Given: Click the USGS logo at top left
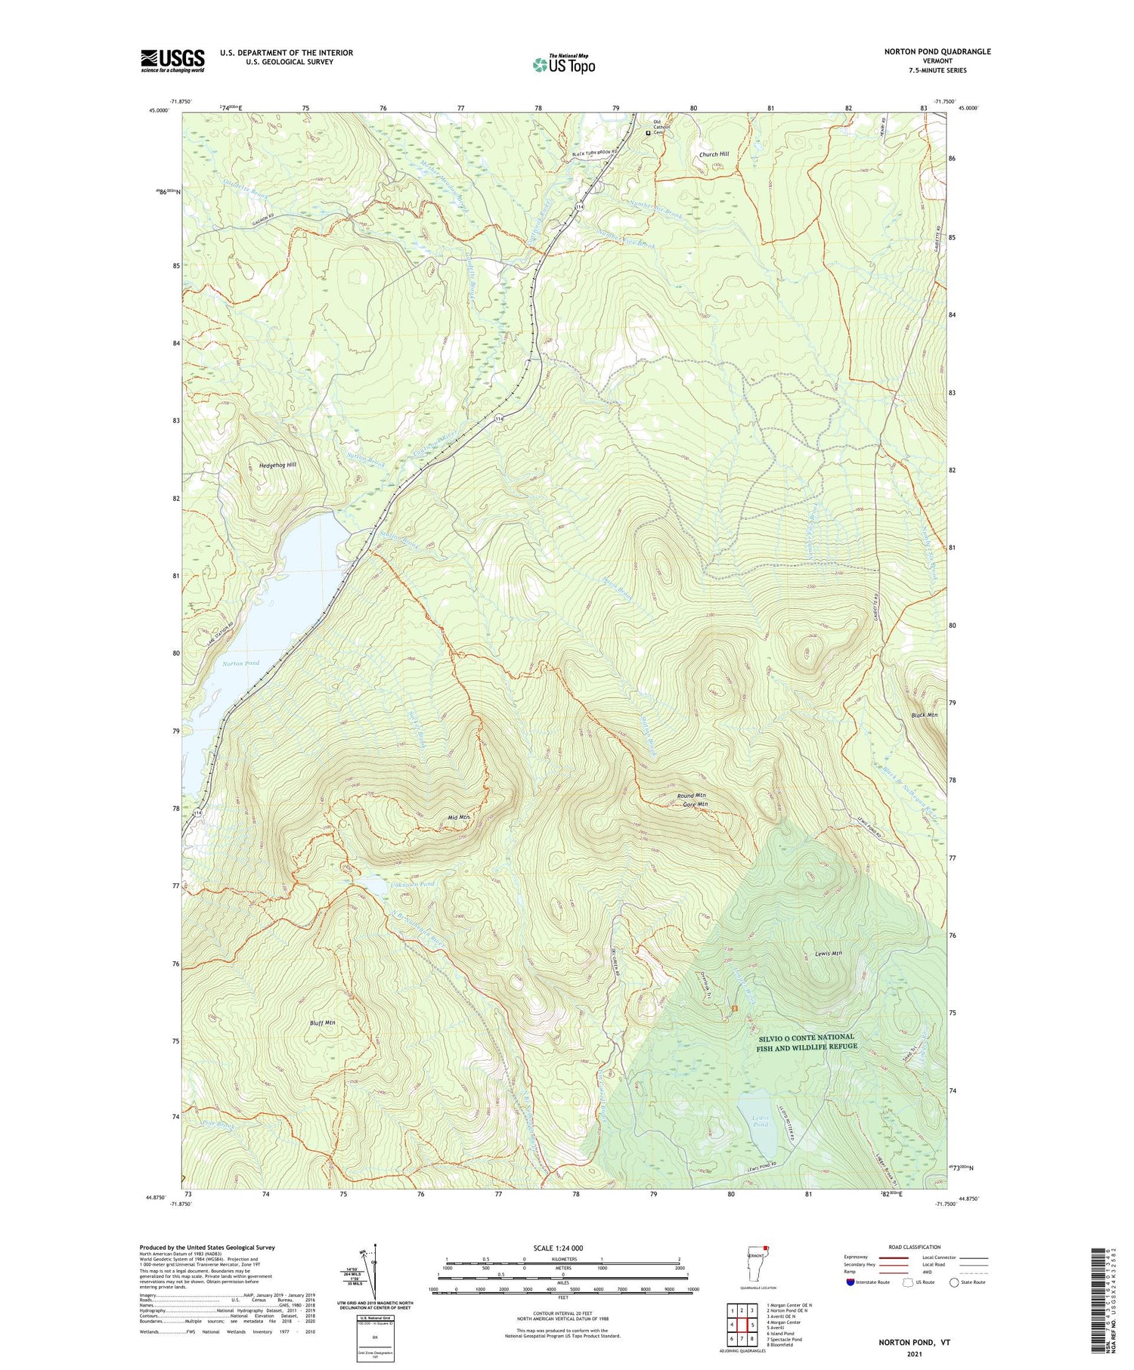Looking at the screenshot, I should click(172, 60).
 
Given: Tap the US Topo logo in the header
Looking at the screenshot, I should click(564, 65).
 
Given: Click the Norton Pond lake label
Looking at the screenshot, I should click(240, 663).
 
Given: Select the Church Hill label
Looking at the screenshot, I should click(714, 154).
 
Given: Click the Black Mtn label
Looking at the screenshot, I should click(924, 715).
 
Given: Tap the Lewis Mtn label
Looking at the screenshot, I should click(829, 953).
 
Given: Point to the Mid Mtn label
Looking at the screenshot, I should click(459, 818).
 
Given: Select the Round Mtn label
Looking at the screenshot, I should click(692, 796).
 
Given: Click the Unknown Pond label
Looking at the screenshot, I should click(413, 884).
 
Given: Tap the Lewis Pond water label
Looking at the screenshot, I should click(761, 1121).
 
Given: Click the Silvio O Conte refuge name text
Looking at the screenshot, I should click(807, 1041).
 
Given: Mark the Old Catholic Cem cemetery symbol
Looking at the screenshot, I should click(648, 133).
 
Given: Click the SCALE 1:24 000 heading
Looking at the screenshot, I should click(563, 1248).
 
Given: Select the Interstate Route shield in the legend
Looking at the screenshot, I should click(850, 1282).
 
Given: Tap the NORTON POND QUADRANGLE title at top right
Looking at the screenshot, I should click(937, 51).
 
